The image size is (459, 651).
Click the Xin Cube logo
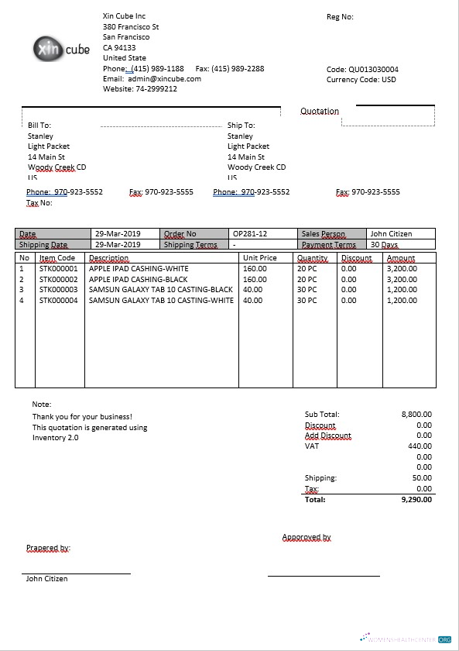62,50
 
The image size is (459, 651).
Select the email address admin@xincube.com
164,79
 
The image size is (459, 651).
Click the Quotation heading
320,112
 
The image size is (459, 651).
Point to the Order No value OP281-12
250,234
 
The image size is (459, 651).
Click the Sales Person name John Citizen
391,234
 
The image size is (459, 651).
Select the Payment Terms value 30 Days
384,245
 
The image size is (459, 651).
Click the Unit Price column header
259,258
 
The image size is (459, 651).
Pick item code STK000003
59,290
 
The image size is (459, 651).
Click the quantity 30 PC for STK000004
307,301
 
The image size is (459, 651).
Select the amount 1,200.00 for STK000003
402,290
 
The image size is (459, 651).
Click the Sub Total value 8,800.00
416,415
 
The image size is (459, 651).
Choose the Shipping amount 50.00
422,478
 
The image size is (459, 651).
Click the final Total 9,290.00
416,500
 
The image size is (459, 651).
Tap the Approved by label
307,537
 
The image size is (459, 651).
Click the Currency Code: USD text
361,79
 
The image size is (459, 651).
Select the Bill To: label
39,125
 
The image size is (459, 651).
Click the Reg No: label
340,16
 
